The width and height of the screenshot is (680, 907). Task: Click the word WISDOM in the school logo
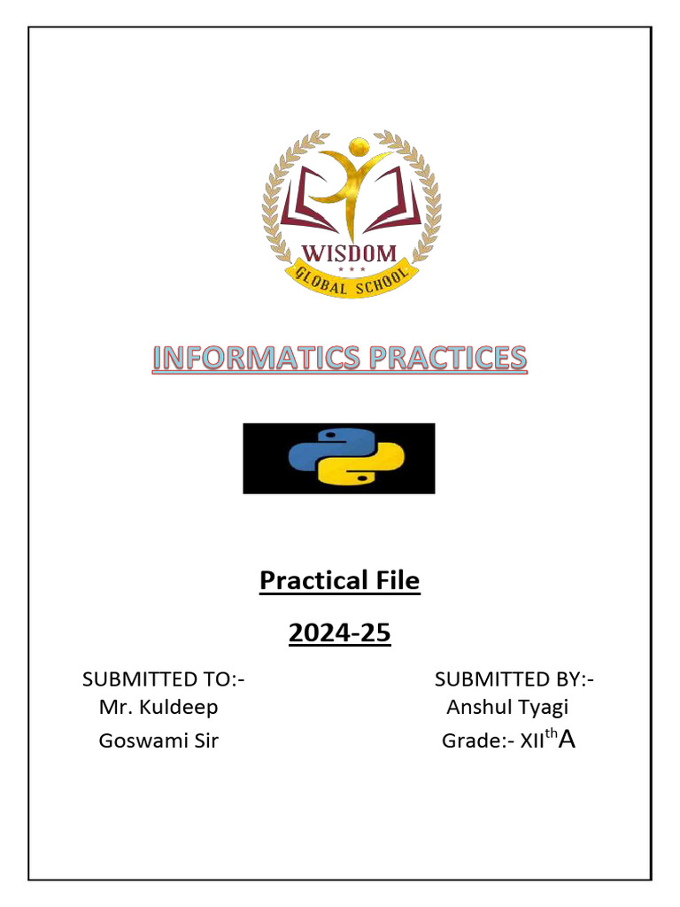coord(352,253)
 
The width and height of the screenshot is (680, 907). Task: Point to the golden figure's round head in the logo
coord(358,146)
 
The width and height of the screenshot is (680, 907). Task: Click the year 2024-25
coord(339,634)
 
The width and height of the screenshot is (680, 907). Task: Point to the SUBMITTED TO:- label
coord(163,679)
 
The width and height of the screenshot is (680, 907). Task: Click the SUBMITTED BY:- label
coord(514,679)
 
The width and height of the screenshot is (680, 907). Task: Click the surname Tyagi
coord(545,708)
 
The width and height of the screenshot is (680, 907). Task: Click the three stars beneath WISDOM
coord(352,269)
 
